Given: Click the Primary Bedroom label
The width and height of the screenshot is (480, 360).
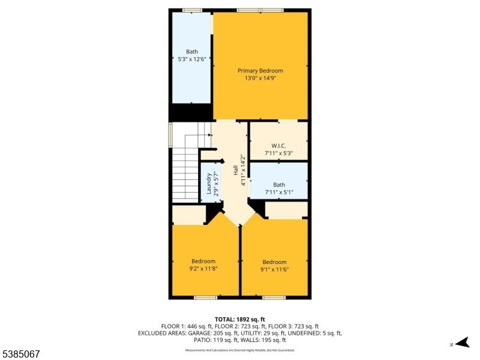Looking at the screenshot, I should [260, 71].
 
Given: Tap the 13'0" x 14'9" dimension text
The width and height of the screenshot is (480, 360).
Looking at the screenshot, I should [260, 78].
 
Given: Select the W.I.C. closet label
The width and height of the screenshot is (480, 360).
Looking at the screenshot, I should [278, 146].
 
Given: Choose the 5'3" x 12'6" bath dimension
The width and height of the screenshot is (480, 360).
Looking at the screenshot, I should [191, 59].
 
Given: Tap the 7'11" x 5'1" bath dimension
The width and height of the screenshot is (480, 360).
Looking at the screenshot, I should [279, 192].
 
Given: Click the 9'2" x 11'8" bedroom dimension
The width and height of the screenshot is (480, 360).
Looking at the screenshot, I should [203, 269].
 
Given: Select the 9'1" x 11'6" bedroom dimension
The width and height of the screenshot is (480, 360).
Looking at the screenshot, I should [275, 269].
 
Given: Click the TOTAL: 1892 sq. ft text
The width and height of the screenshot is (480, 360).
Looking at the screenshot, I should [240, 319].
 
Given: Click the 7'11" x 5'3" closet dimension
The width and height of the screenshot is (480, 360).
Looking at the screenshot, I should [278, 153].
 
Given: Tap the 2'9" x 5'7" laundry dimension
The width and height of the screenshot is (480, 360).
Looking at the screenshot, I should [216, 184].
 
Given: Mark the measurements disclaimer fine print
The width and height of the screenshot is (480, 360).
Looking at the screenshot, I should [240, 350].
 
